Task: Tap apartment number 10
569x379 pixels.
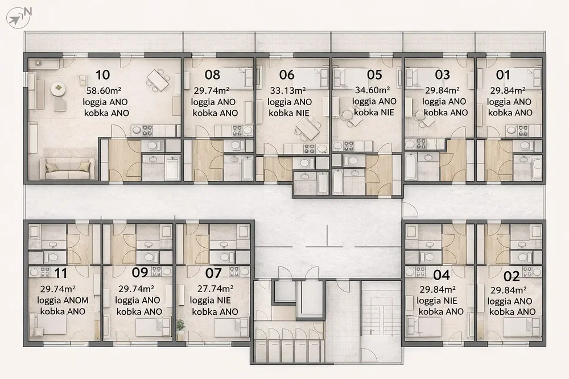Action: pos(102,74)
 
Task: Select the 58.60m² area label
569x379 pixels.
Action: pos(104,90)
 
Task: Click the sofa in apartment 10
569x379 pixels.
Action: pos(68,169)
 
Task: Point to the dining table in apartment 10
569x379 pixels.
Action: pos(158,80)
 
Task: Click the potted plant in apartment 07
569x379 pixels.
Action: pos(180,325)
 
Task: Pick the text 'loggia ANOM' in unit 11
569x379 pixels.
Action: pos(63,301)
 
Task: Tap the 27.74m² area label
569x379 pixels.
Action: pos(215,289)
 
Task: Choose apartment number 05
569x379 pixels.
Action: pos(374,74)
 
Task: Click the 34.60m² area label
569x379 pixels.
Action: pos(372,90)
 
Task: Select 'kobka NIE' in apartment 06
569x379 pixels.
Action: pos(289,113)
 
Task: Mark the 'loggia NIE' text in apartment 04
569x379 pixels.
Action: pos(437,301)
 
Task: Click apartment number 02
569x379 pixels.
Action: pos(512,277)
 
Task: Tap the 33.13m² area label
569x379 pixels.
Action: pos(288,90)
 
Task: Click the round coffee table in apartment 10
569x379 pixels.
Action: pos(57,89)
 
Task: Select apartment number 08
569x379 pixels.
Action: pos(212,74)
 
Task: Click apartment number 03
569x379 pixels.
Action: pos(442,74)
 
